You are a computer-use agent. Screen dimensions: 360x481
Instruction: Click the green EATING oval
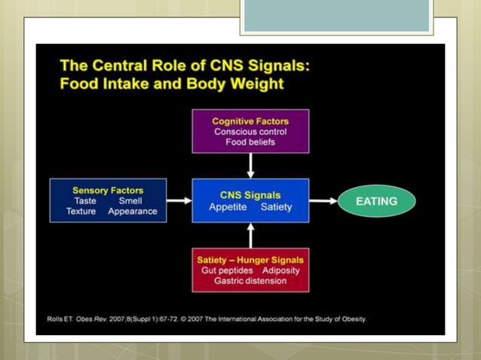click(x=376, y=201)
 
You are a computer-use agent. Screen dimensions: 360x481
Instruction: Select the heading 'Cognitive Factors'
click(x=250, y=121)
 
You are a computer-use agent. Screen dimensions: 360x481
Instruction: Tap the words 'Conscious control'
click(x=250, y=131)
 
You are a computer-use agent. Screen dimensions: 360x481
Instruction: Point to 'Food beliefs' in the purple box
click(x=250, y=142)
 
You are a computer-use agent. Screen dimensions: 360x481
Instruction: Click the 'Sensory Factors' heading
click(x=108, y=191)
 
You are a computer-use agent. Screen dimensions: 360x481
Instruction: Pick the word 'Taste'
click(x=84, y=201)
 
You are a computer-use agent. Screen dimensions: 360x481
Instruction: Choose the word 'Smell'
click(x=130, y=201)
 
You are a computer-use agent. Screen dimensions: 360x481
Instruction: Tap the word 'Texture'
click(x=81, y=212)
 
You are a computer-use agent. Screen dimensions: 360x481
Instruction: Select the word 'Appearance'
click(x=133, y=212)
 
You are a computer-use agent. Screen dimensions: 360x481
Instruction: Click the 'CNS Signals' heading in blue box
click(x=250, y=195)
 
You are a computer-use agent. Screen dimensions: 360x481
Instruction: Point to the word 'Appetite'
click(x=227, y=206)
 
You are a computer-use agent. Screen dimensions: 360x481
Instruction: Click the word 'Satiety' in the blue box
click(x=276, y=206)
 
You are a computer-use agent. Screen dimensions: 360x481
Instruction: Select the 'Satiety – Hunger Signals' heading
click(x=250, y=259)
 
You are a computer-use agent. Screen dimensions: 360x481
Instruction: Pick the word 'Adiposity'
click(x=281, y=270)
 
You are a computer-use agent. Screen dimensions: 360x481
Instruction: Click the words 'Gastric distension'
click(x=250, y=280)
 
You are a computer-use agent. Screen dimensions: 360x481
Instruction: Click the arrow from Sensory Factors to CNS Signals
click(x=179, y=201)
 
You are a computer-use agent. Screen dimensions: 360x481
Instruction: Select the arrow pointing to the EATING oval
click(x=323, y=201)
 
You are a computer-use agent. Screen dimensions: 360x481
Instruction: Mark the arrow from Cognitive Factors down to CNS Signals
click(x=250, y=166)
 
